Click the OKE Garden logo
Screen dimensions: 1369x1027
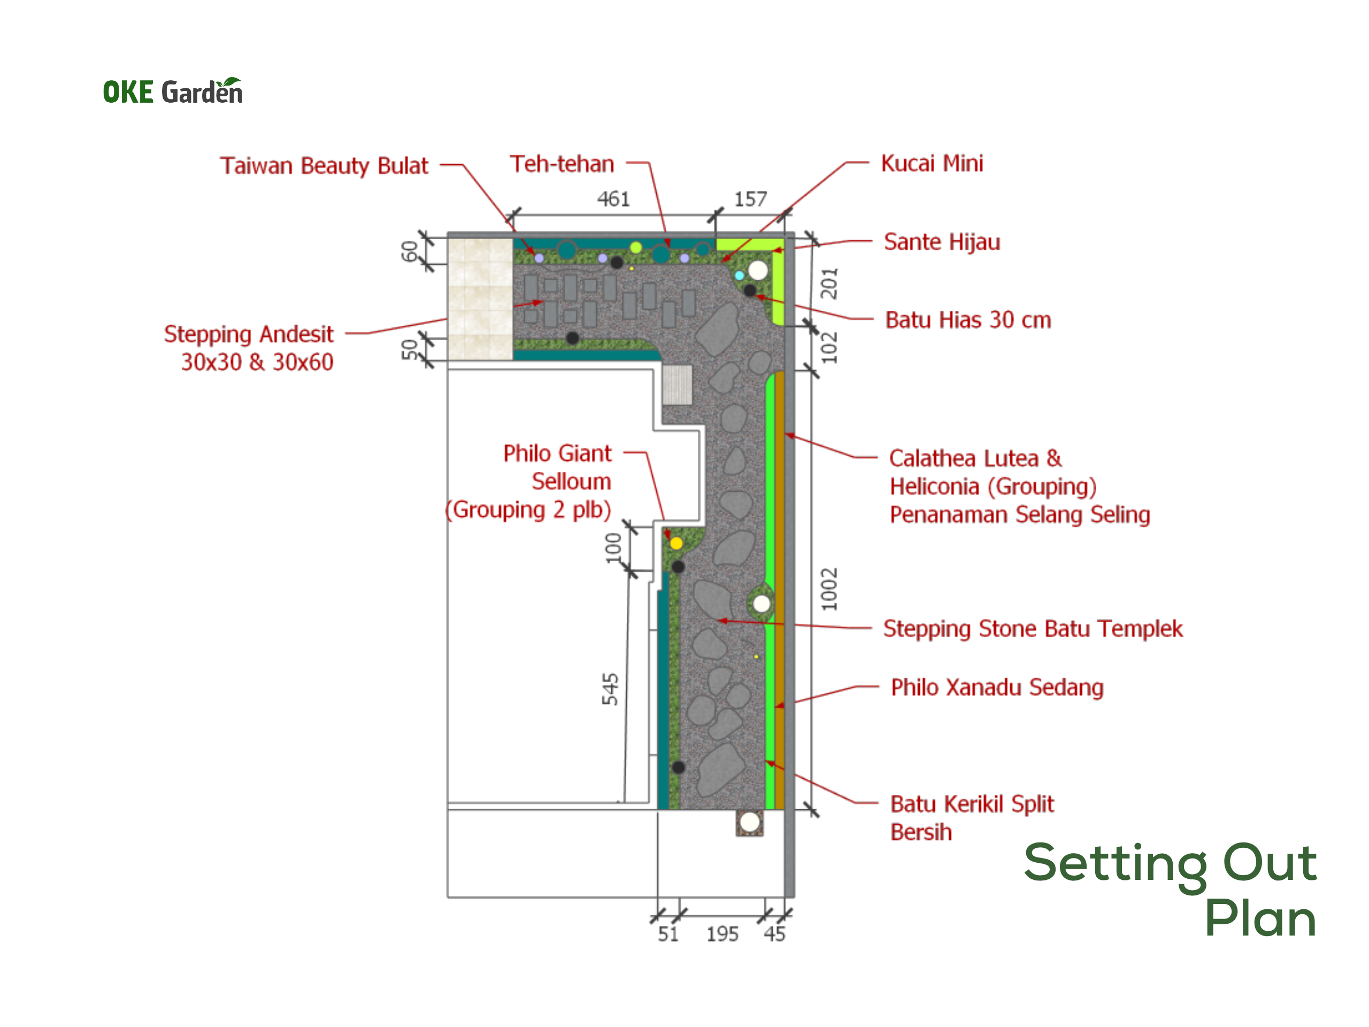(x=173, y=91)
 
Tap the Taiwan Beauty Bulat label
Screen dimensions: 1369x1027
(x=324, y=166)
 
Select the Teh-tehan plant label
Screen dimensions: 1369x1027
(x=562, y=164)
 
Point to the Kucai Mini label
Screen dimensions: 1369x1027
(x=932, y=164)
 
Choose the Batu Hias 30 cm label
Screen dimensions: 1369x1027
(x=968, y=320)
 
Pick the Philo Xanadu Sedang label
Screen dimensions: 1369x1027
(x=997, y=687)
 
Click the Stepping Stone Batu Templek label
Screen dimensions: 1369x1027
(x=1033, y=629)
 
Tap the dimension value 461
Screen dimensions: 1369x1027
(x=613, y=199)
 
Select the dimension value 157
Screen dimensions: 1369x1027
(x=751, y=199)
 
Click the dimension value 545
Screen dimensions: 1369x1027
(x=610, y=689)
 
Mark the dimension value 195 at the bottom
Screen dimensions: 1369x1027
(x=722, y=934)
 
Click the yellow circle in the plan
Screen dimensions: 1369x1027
(x=676, y=543)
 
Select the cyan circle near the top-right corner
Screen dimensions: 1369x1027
(x=739, y=275)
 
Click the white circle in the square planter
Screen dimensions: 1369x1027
(x=750, y=822)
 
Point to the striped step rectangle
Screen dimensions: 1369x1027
(x=677, y=385)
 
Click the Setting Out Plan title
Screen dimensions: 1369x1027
(x=1170, y=889)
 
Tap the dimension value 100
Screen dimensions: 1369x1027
(x=613, y=547)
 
